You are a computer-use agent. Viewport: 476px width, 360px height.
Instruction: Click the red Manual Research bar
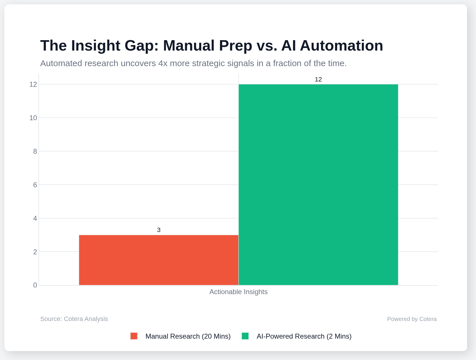(x=158, y=260)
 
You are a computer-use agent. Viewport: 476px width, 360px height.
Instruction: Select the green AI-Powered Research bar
(x=318, y=185)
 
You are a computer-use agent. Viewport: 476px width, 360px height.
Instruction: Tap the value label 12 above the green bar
(x=318, y=79)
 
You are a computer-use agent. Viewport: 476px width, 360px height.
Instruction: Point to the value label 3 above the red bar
(x=159, y=230)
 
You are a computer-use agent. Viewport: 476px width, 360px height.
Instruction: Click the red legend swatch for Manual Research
(x=134, y=336)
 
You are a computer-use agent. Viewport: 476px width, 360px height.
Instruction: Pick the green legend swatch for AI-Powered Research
(x=245, y=336)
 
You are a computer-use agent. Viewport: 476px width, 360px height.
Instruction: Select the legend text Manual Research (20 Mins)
(x=188, y=336)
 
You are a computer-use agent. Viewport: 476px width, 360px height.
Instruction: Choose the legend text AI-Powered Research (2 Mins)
(x=304, y=336)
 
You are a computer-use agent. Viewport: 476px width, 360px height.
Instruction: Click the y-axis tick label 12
(x=33, y=84)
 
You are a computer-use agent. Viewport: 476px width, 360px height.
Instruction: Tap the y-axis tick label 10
(x=33, y=118)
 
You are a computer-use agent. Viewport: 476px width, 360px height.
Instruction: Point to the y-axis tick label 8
(x=35, y=151)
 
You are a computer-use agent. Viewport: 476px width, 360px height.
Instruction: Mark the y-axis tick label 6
(x=35, y=185)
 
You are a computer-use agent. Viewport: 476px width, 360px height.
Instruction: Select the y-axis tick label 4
(x=35, y=218)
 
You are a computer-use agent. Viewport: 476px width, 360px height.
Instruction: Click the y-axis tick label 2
(x=35, y=252)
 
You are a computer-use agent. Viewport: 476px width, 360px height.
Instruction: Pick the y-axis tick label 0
(x=35, y=285)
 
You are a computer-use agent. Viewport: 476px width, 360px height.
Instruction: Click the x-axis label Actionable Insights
(x=238, y=292)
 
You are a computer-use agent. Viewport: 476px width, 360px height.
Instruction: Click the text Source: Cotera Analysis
(x=74, y=319)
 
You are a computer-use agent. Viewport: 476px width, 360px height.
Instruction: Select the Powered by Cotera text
(x=412, y=319)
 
